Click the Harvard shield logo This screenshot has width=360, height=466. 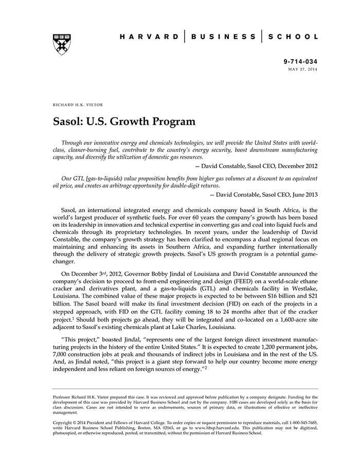click(62, 44)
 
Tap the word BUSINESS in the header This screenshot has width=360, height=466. click(223, 37)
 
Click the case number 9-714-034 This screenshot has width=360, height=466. click(300, 61)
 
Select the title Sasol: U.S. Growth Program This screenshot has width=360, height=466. click(124, 122)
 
